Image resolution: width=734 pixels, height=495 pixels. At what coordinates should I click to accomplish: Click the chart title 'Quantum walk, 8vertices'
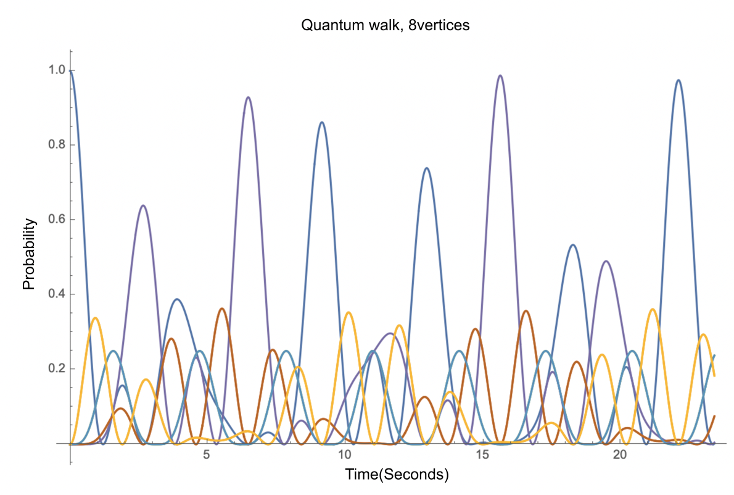click(386, 25)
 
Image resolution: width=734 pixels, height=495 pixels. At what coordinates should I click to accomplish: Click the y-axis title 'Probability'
click(28, 254)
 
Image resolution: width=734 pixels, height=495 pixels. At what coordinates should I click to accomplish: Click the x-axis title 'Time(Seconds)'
click(397, 475)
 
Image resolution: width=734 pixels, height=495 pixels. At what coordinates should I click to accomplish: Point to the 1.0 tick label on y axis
click(57, 70)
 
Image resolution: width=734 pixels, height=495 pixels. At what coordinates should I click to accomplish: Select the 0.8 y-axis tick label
click(57, 144)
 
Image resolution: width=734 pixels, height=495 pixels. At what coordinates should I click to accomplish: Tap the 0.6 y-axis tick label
click(57, 219)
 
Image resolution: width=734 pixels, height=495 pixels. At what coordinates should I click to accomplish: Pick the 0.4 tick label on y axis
click(57, 294)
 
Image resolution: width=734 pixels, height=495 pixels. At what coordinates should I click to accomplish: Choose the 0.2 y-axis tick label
click(57, 368)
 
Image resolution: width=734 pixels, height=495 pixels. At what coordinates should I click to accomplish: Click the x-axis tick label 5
click(207, 455)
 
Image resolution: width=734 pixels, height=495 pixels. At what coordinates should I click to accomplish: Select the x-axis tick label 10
click(344, 455)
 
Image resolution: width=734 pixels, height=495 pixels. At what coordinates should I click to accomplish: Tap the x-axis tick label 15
click(482, 455)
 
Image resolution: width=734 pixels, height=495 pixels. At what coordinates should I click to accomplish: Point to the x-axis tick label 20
click(620, 455)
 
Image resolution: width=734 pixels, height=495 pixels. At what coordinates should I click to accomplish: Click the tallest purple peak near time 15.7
click(500, 75)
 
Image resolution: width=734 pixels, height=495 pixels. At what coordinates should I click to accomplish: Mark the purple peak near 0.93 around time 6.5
click(247, 98)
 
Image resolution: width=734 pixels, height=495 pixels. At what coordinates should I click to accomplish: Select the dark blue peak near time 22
click(678, 80)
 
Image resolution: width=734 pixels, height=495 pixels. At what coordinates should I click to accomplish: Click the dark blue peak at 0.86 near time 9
click(321, 122)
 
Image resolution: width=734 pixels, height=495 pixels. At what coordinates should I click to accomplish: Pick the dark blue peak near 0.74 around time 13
click(426, 168)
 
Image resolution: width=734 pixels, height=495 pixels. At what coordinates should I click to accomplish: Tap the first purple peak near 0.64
click(143, 206)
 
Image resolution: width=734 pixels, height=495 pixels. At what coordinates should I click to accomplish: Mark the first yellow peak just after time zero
click(95, 318)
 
